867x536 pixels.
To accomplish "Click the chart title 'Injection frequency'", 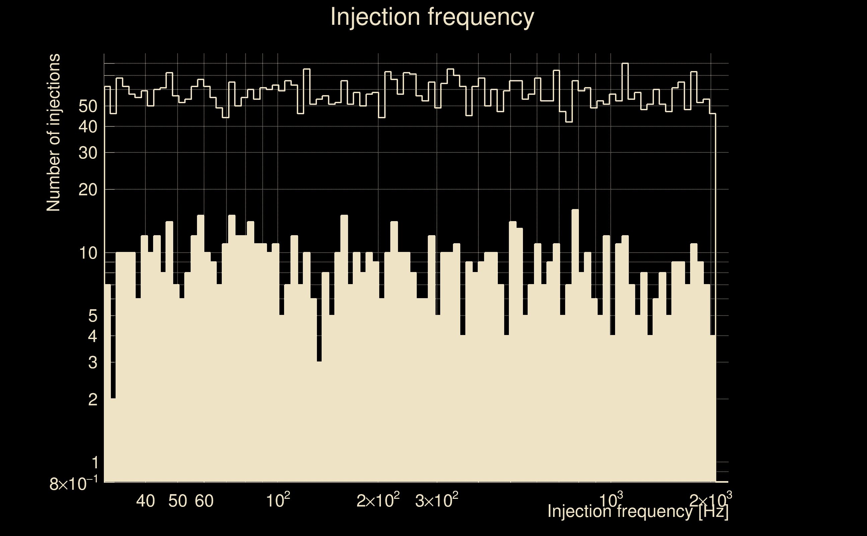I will tap(432, 17).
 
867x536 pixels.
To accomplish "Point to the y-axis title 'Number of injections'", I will tap(53, 133).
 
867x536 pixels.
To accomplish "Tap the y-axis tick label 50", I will tap(88, 106).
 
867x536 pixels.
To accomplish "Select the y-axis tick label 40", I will tap(88, 127).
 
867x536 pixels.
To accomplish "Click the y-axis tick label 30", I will tap(88, 153).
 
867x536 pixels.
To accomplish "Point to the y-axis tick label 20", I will tap(88, 190).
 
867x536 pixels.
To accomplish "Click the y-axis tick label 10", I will tap(88, 254).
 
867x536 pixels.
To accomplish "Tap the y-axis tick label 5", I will tap(92, 316).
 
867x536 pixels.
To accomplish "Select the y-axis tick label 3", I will tap(92, 363).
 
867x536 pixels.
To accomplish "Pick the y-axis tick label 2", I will tap(92, 400).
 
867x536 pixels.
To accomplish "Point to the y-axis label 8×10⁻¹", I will tap(73, 484).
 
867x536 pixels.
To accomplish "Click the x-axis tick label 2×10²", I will tap(378, 500).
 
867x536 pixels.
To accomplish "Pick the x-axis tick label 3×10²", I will tap(436, 500).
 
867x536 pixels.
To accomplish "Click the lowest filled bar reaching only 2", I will tap(114, 440).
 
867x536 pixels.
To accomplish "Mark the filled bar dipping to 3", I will tap(319, 422).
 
